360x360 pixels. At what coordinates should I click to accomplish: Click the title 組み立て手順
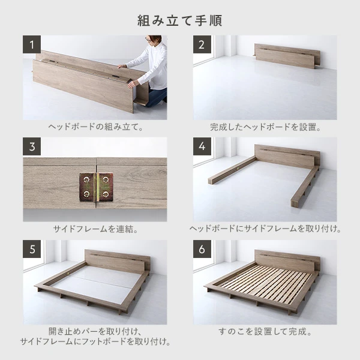pos(180,20)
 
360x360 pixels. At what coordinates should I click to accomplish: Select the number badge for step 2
pos(202,45)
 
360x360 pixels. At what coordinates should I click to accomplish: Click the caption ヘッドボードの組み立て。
pos(95,127)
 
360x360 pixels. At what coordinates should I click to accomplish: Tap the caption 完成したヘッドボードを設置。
pos(265,127)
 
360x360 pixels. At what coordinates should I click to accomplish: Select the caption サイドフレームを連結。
pos(95,229)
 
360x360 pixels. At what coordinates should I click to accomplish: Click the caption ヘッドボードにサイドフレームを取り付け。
pos(265,229)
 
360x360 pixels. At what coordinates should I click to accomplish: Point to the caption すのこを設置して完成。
pos(265,331)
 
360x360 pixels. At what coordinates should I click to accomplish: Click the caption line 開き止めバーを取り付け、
pos(95,331)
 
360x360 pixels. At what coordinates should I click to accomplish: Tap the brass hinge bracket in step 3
pos(95,187)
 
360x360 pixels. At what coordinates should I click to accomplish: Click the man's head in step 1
pos(154,42)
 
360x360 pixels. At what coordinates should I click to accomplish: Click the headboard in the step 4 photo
pos(287,156)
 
